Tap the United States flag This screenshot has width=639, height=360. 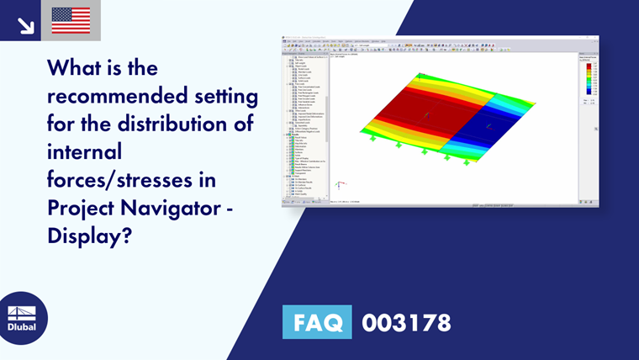click(71, 20)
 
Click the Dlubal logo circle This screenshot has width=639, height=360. click(23, 318)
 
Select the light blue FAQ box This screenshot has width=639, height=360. click(318, 322)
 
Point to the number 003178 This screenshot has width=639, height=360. click(406, 322)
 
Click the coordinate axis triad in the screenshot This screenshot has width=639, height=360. click(338, 186)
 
